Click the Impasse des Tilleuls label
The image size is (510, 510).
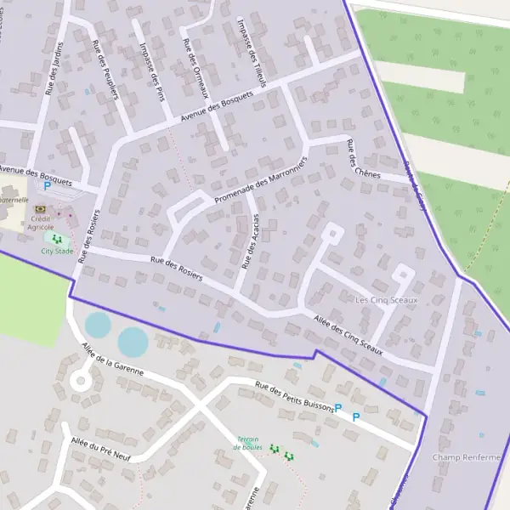click(252, 53)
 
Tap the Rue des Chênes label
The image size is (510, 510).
click(357, 159)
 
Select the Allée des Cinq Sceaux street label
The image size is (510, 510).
click(348, 335)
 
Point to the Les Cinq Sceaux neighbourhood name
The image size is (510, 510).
click(387, 300)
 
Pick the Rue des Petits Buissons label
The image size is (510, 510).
click(295, 398)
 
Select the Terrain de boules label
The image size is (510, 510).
click(248, 443)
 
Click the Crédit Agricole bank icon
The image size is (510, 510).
click(39, 209)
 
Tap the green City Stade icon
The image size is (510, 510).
click(57, 241)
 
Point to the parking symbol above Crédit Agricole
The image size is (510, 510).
click(47, 184)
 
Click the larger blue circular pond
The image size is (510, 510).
click(133, 342)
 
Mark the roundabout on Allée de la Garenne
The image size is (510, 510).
click(80, 381)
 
